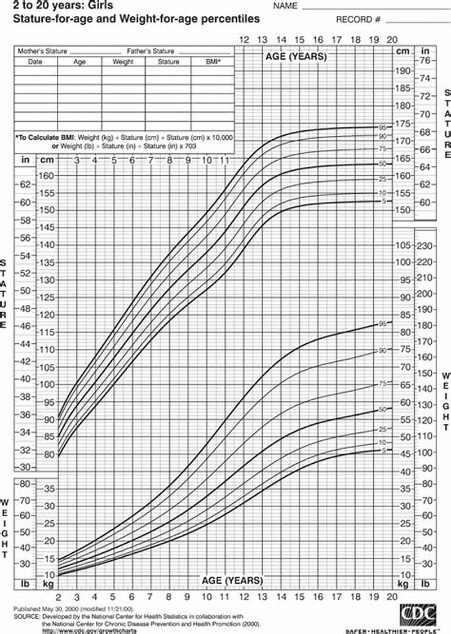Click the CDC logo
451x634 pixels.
coord(419,613)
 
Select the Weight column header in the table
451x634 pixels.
coord(123,62)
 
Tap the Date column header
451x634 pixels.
coord(36,62)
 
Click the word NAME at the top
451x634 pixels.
coord(285,6)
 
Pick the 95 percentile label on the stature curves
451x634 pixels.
coord(382,127)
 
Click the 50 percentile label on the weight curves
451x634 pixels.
coord(382,410)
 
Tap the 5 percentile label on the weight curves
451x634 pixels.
coord(383,450)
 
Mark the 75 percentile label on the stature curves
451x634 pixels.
coord(382,149)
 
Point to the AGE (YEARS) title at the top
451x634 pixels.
coord(295,57)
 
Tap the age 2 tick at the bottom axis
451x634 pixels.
coord(59,597)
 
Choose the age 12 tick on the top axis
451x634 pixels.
coord(244,40)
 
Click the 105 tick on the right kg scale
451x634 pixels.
coord(403,246)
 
